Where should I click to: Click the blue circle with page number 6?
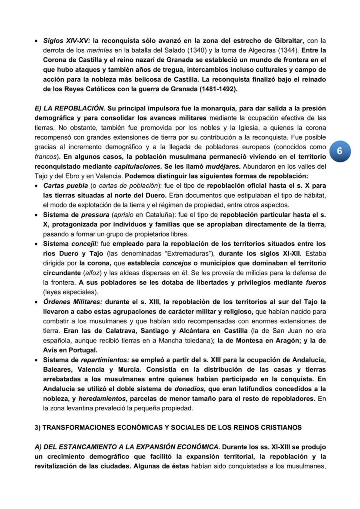(340, 151)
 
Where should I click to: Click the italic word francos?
(44, 156)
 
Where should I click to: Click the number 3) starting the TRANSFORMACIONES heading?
(38, 427)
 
